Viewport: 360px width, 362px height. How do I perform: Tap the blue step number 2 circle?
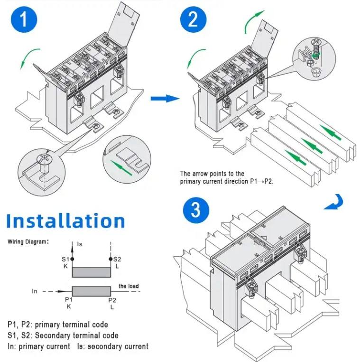194,19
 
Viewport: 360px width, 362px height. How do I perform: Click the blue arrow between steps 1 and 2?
165,98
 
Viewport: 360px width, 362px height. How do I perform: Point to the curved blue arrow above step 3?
335,202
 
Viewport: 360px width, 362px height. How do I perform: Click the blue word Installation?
66,221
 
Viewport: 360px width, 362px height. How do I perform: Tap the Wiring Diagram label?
28,241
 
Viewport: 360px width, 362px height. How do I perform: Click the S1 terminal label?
65,259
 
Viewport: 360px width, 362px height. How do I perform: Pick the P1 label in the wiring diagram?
68,299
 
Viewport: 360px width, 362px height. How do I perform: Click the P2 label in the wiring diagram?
112,299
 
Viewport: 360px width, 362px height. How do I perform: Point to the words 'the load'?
129,286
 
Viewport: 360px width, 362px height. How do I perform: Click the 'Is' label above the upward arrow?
80,244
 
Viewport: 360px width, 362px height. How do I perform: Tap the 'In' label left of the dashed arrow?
34,291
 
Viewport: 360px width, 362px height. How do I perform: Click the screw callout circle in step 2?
313,58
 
